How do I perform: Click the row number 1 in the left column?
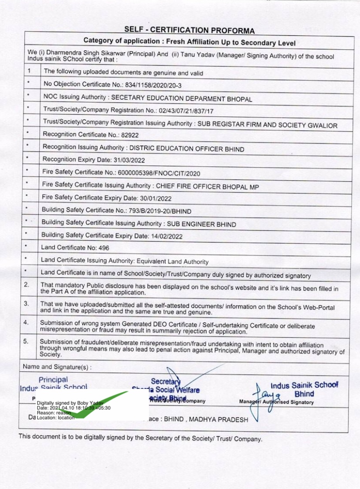coord(29,71)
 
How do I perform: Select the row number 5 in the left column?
coord(26,341)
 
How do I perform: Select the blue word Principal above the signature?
coord(53,380)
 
